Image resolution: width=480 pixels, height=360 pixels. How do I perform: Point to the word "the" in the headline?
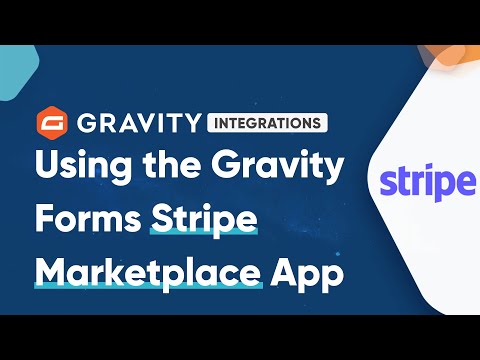(x=166, y=165)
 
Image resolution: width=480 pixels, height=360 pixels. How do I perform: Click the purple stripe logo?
(x=426, y=184)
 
